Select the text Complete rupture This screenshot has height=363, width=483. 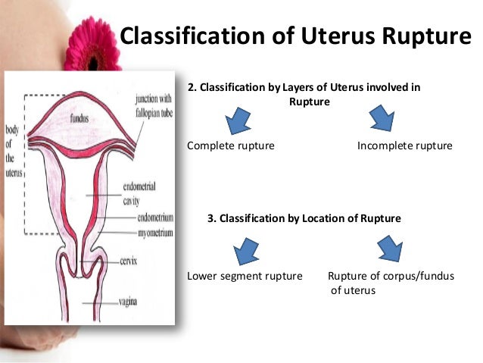click(x=230, y=146)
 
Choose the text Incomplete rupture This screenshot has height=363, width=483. click(x=404, y=146)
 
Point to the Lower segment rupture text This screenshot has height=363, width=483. click(x=245, y=276)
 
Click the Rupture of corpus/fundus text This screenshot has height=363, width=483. click(x=391, y=276)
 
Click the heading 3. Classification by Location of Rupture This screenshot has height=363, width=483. click(x=304, y=218)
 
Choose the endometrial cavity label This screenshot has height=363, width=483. click(x=141, y=193)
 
